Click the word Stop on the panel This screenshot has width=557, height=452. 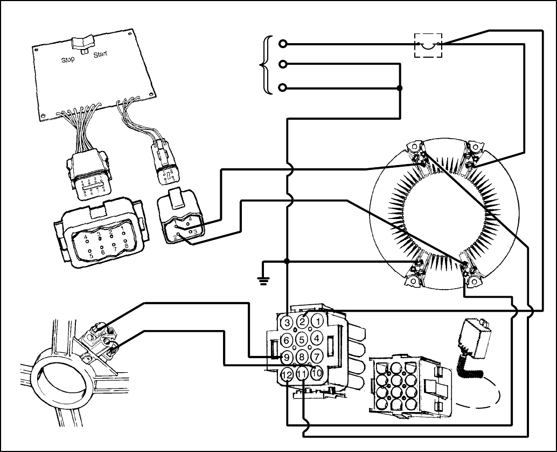pyautogui.click(x=67, y=60)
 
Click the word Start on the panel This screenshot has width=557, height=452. pyautogui.click(x=100, y=55)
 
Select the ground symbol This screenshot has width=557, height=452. pyautogui.click(x=263, y=281)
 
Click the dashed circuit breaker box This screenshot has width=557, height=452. pyautogui.click(x=428, y=44)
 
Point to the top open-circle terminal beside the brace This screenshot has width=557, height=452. pyautogui.click(x=283, y=44)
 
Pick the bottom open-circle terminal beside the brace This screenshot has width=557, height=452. pyautogui.click(x=283, y=88)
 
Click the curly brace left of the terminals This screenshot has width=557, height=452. pyautogui.click(x=264, y=65)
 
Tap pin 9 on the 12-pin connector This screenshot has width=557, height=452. pyautogui.click(x=287, y=357)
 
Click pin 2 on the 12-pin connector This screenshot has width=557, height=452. pyautogui.click(x=303, y=322)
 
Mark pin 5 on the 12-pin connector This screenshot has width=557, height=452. pyautogui.click(x=302, y=339)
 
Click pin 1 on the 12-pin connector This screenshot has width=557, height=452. pyautogui.click(x=318, y=322)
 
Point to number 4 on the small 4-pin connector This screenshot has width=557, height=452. pyautogui.click(x=190, y=220)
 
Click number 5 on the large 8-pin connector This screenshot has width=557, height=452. pyautogui.click(x=91, y=255)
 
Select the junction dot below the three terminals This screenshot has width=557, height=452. pyautogui.click(x=399, y=88)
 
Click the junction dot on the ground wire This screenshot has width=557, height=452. pyautogui.click(x=287, y=262)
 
